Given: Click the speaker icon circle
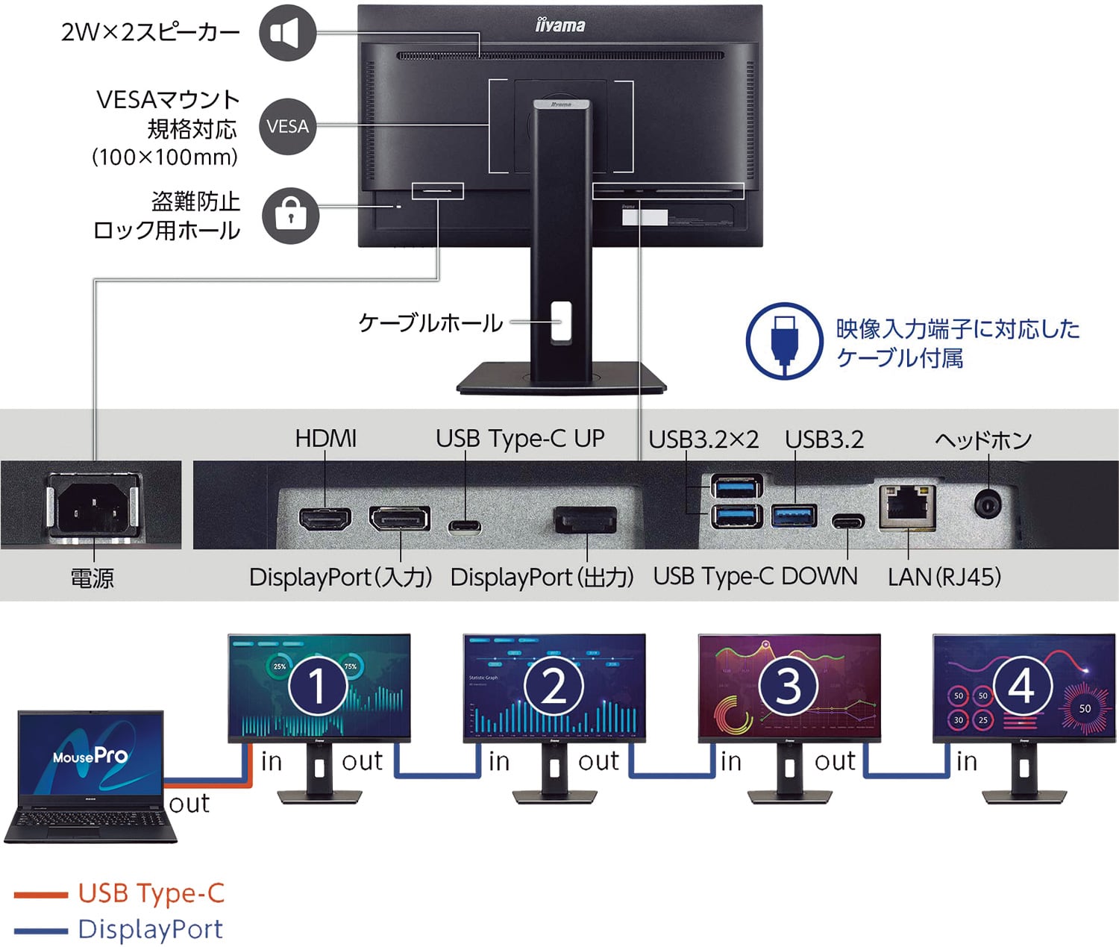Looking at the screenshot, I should pos(287,33).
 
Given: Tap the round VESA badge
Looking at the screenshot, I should pos(287,126).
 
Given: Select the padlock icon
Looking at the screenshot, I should pos(290,215).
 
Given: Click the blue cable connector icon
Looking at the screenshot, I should pos(784,341).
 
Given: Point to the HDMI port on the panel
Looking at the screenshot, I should pos(325,519).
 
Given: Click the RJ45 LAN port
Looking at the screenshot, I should pos(907,507).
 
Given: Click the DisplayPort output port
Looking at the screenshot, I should pos(586,519).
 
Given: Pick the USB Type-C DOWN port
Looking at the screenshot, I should pos(848,520).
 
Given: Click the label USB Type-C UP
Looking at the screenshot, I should pos(520,439).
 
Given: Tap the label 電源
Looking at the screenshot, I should pos(93,578).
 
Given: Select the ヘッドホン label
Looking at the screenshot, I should pos(983,440).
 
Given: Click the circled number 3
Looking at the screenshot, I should pos(789,686).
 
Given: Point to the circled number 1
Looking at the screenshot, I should pos(318,686).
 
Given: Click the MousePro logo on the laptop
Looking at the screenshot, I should pos(90,757).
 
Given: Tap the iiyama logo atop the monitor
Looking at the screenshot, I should pos(560,25).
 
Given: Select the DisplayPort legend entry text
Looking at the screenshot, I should pos(151,929).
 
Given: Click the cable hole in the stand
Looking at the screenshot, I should pos(560,322).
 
